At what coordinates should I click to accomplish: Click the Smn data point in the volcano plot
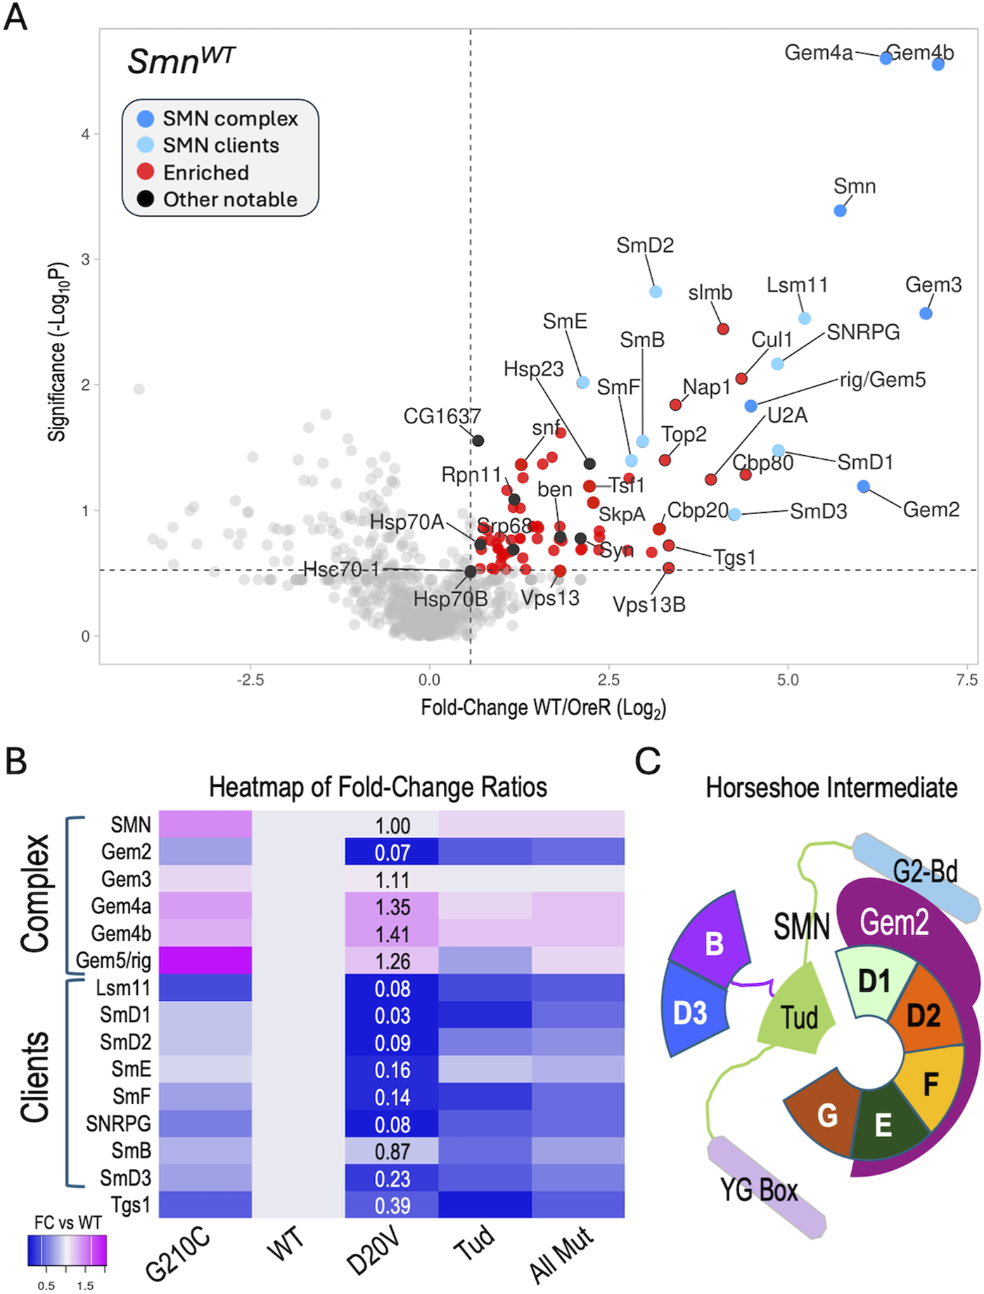point(840,210)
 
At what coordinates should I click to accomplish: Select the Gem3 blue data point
point(926,313)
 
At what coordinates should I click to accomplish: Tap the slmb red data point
point(722,329)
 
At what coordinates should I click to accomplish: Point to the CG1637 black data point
point(478,441)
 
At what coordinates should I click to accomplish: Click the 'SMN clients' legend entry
point(221,146)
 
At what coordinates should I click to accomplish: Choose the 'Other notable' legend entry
point(230,200)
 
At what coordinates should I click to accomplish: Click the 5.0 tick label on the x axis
point(787,680)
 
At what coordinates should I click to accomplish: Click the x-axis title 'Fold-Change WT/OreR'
point(543,707)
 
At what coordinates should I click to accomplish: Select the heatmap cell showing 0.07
point(392,852)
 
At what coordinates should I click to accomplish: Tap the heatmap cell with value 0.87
point(392,1151)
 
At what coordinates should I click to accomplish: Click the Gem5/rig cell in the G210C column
point(205,961)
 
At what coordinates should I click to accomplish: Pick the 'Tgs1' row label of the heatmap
point(131,1205)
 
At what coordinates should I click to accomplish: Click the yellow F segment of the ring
point(931,1084)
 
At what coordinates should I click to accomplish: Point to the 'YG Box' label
point(759,1190)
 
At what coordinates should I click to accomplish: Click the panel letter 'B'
point(16,761)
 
